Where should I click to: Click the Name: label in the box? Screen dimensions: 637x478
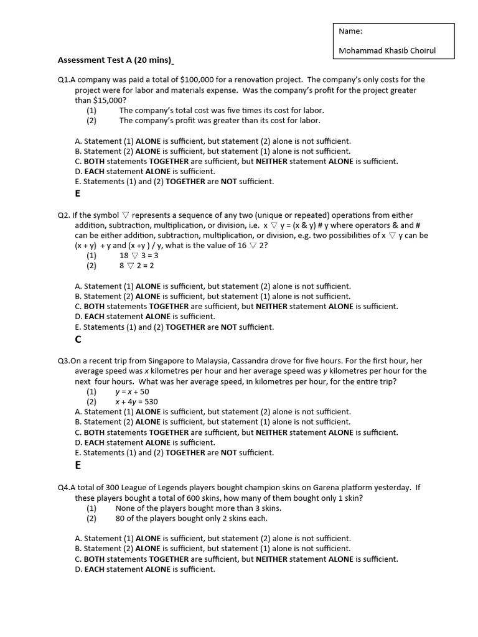point(350,31)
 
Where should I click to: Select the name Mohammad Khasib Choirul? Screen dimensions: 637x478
point(387,51)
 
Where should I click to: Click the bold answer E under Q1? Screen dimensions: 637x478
point(78,193)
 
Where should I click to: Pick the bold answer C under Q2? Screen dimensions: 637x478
point(78,339)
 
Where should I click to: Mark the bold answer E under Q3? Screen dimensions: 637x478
point(78,465)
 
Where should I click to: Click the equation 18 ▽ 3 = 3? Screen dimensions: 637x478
point(139,255)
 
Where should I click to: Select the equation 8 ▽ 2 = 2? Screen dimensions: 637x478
point(136,266)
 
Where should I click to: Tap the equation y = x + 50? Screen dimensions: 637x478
point(132,391)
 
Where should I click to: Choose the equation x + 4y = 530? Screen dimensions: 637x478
point(136,402)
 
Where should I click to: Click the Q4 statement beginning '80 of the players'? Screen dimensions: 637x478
point(192,518)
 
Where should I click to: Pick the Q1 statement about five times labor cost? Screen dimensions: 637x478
point(222,110)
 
